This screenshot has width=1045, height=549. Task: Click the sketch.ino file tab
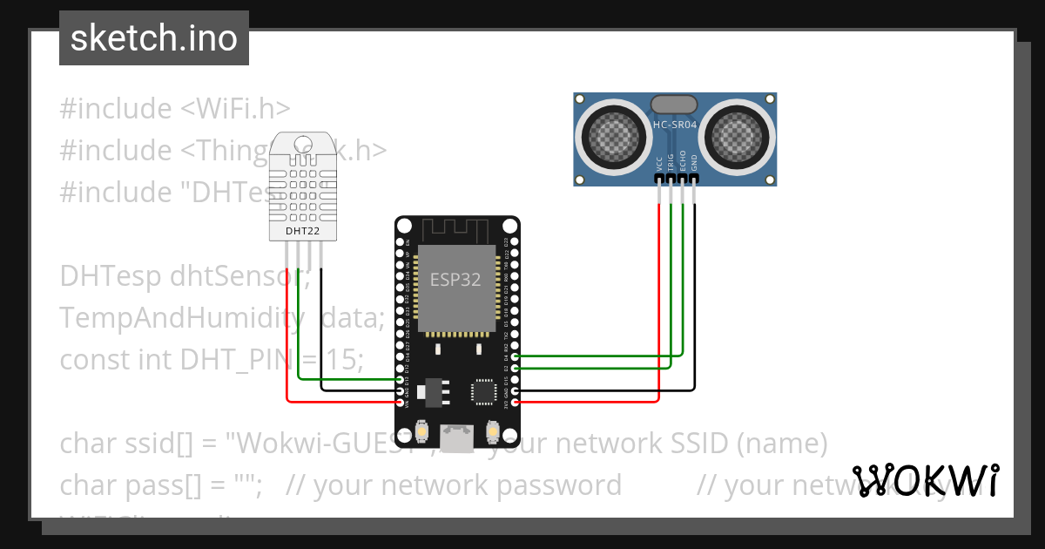click(x=154, y=38)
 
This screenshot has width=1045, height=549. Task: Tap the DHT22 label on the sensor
click(x=301, y=231)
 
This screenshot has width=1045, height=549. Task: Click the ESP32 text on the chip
click(x=455, y=280)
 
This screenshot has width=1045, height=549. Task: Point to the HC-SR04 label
click(x=675, y=125)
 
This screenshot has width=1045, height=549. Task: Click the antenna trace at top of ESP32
click(x=457, y=229)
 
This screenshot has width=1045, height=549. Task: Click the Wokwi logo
click(x=926, y=480)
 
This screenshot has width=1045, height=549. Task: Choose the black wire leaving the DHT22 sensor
click(x=321, y=331)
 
